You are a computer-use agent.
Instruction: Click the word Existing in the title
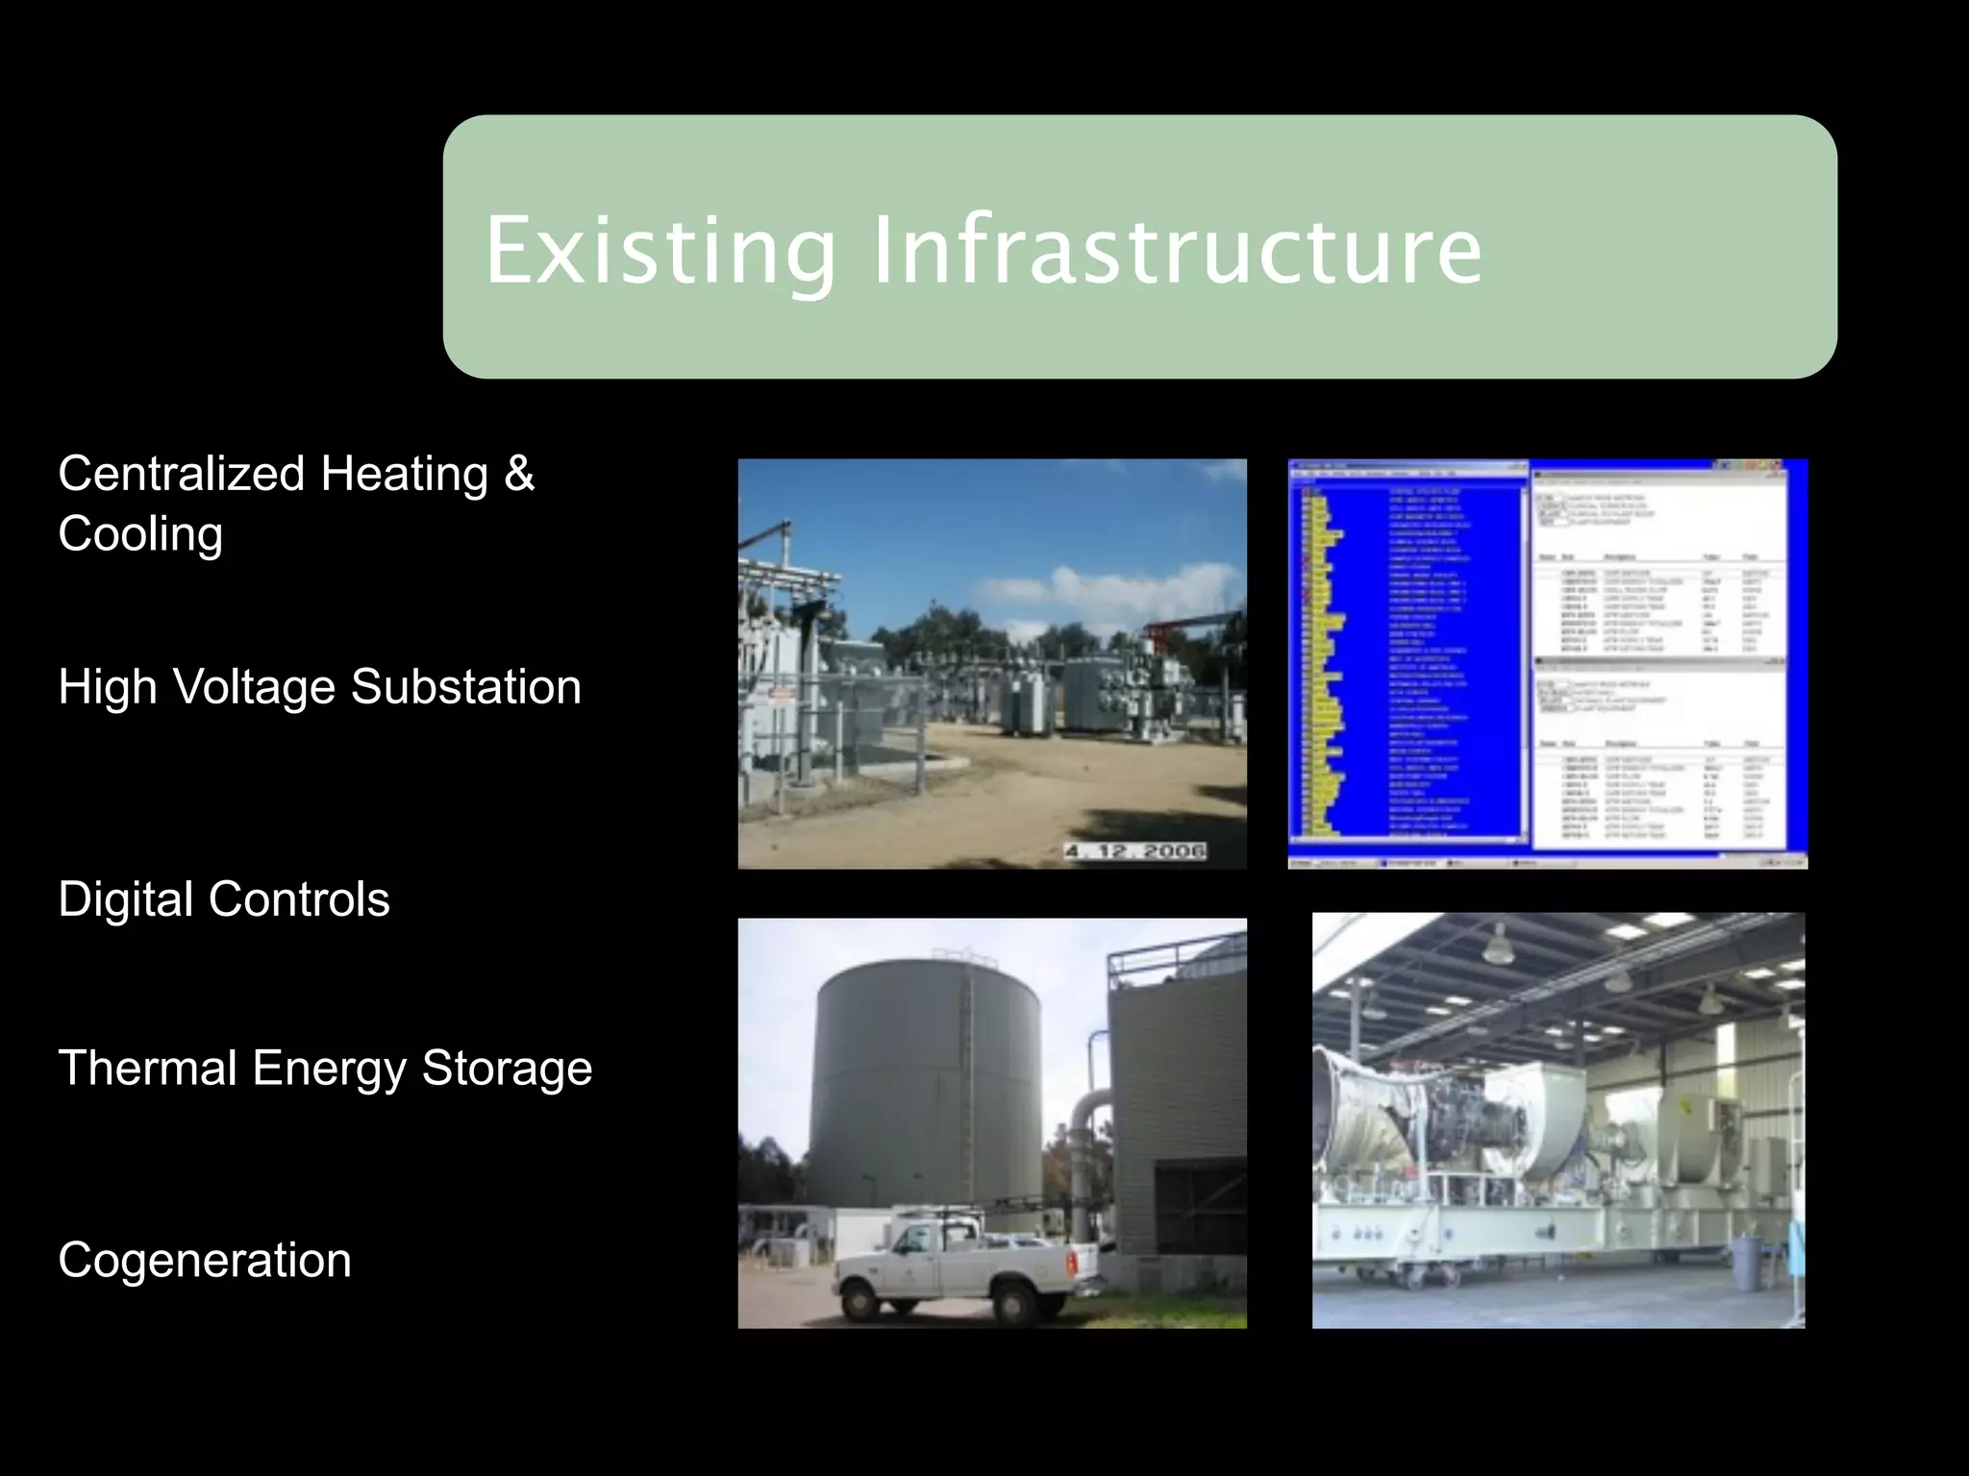(x=660, y=252)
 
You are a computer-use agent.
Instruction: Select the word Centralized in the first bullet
(x=181, y=474)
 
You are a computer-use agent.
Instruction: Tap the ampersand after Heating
(x=519, y=474)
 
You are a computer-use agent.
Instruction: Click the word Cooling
(x=140, y=534)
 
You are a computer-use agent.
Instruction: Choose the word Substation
(x=465, y=687)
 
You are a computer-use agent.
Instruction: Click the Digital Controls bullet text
(x=223, y=899)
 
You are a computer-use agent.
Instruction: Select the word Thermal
(x=147, y=1068)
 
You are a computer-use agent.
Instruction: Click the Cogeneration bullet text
(x=204, y=1260)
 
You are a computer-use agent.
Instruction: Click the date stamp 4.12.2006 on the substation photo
(x=1134, y=851)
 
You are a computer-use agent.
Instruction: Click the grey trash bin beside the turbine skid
(x=1747, y=1263)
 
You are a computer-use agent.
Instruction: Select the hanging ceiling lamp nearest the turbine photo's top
(x=1496, y=946)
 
